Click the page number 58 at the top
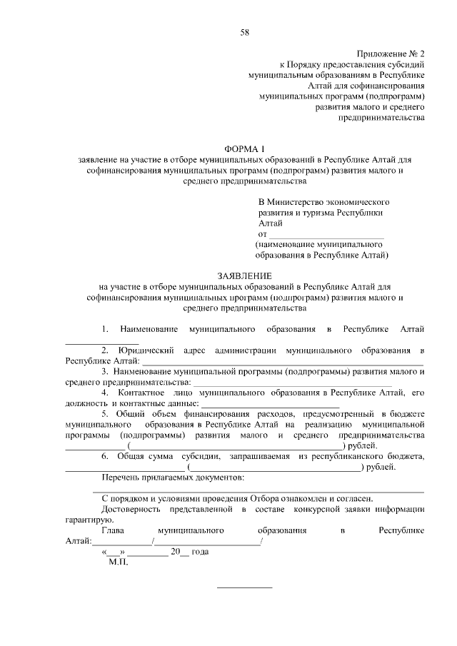pyautogui.click(x=244, y=32)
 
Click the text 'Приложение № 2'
pyautogui.click(x=390, y=54)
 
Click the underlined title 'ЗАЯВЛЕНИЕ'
pyautogui.click(x=244, y=276)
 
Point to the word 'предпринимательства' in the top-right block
pyautogui.click(x=386, y=117)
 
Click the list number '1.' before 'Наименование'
pyautogui.click(x=105, y=329)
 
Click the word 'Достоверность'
pyautogui.click(x=133, y=510)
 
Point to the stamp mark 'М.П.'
pyautogui.click(x=118, y=562)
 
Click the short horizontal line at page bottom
pyautogui.click(x=244, y=587)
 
